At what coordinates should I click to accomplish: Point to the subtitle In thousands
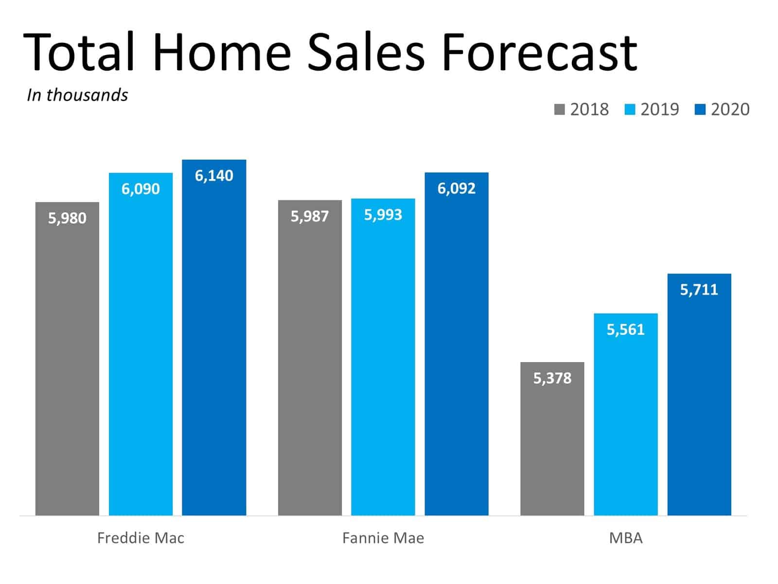click(77, 95)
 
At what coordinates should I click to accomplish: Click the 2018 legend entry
click(582, 109)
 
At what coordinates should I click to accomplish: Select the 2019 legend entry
click(652, 109)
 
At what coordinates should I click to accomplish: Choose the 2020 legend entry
click(723, 109)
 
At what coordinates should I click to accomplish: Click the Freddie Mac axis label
click(141, 538)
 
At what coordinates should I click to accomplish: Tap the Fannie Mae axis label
click(383, 538)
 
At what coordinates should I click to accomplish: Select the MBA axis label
click(626, 538)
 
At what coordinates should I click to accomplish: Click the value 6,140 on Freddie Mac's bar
click(214, 176)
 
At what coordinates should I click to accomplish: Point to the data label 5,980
click(67, 218)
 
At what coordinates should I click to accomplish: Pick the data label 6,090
click(141, 189)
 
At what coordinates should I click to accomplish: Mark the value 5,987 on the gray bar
click(310, 216)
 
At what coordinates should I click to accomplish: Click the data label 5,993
click(383, 215)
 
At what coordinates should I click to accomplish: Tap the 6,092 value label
click(456, 188)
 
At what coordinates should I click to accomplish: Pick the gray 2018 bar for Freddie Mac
click(67, 365)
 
